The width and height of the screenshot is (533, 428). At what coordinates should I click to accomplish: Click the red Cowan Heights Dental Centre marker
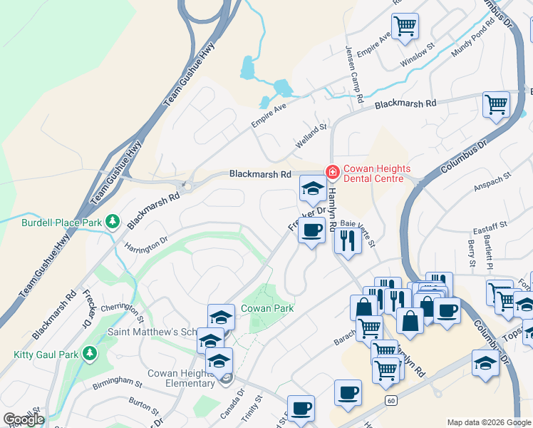click(331, 172)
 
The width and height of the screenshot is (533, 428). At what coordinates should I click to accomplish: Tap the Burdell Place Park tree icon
click(112, 222)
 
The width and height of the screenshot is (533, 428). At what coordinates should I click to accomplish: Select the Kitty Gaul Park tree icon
click(90, 353)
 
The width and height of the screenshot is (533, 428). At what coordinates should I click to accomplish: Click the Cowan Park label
click(267, 307)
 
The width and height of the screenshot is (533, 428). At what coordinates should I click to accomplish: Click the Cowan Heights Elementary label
click(181, 378)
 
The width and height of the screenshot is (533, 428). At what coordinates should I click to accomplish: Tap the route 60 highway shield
click(391, 401)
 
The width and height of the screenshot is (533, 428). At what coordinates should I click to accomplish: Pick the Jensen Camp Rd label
click(355, 73)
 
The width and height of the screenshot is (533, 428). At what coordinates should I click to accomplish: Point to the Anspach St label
click(492, 183)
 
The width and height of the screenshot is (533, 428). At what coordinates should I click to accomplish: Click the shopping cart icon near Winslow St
click(405, 26)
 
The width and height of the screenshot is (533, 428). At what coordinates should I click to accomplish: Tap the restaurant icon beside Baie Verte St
click(347, 239)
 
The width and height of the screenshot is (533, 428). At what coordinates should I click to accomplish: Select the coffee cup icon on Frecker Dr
click(311, 230)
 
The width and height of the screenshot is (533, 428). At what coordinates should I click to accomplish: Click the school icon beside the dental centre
click(312, 189)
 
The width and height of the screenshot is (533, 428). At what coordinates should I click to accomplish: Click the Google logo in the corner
click(24, 419)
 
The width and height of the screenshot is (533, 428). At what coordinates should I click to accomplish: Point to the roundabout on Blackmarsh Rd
click(187, 185)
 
